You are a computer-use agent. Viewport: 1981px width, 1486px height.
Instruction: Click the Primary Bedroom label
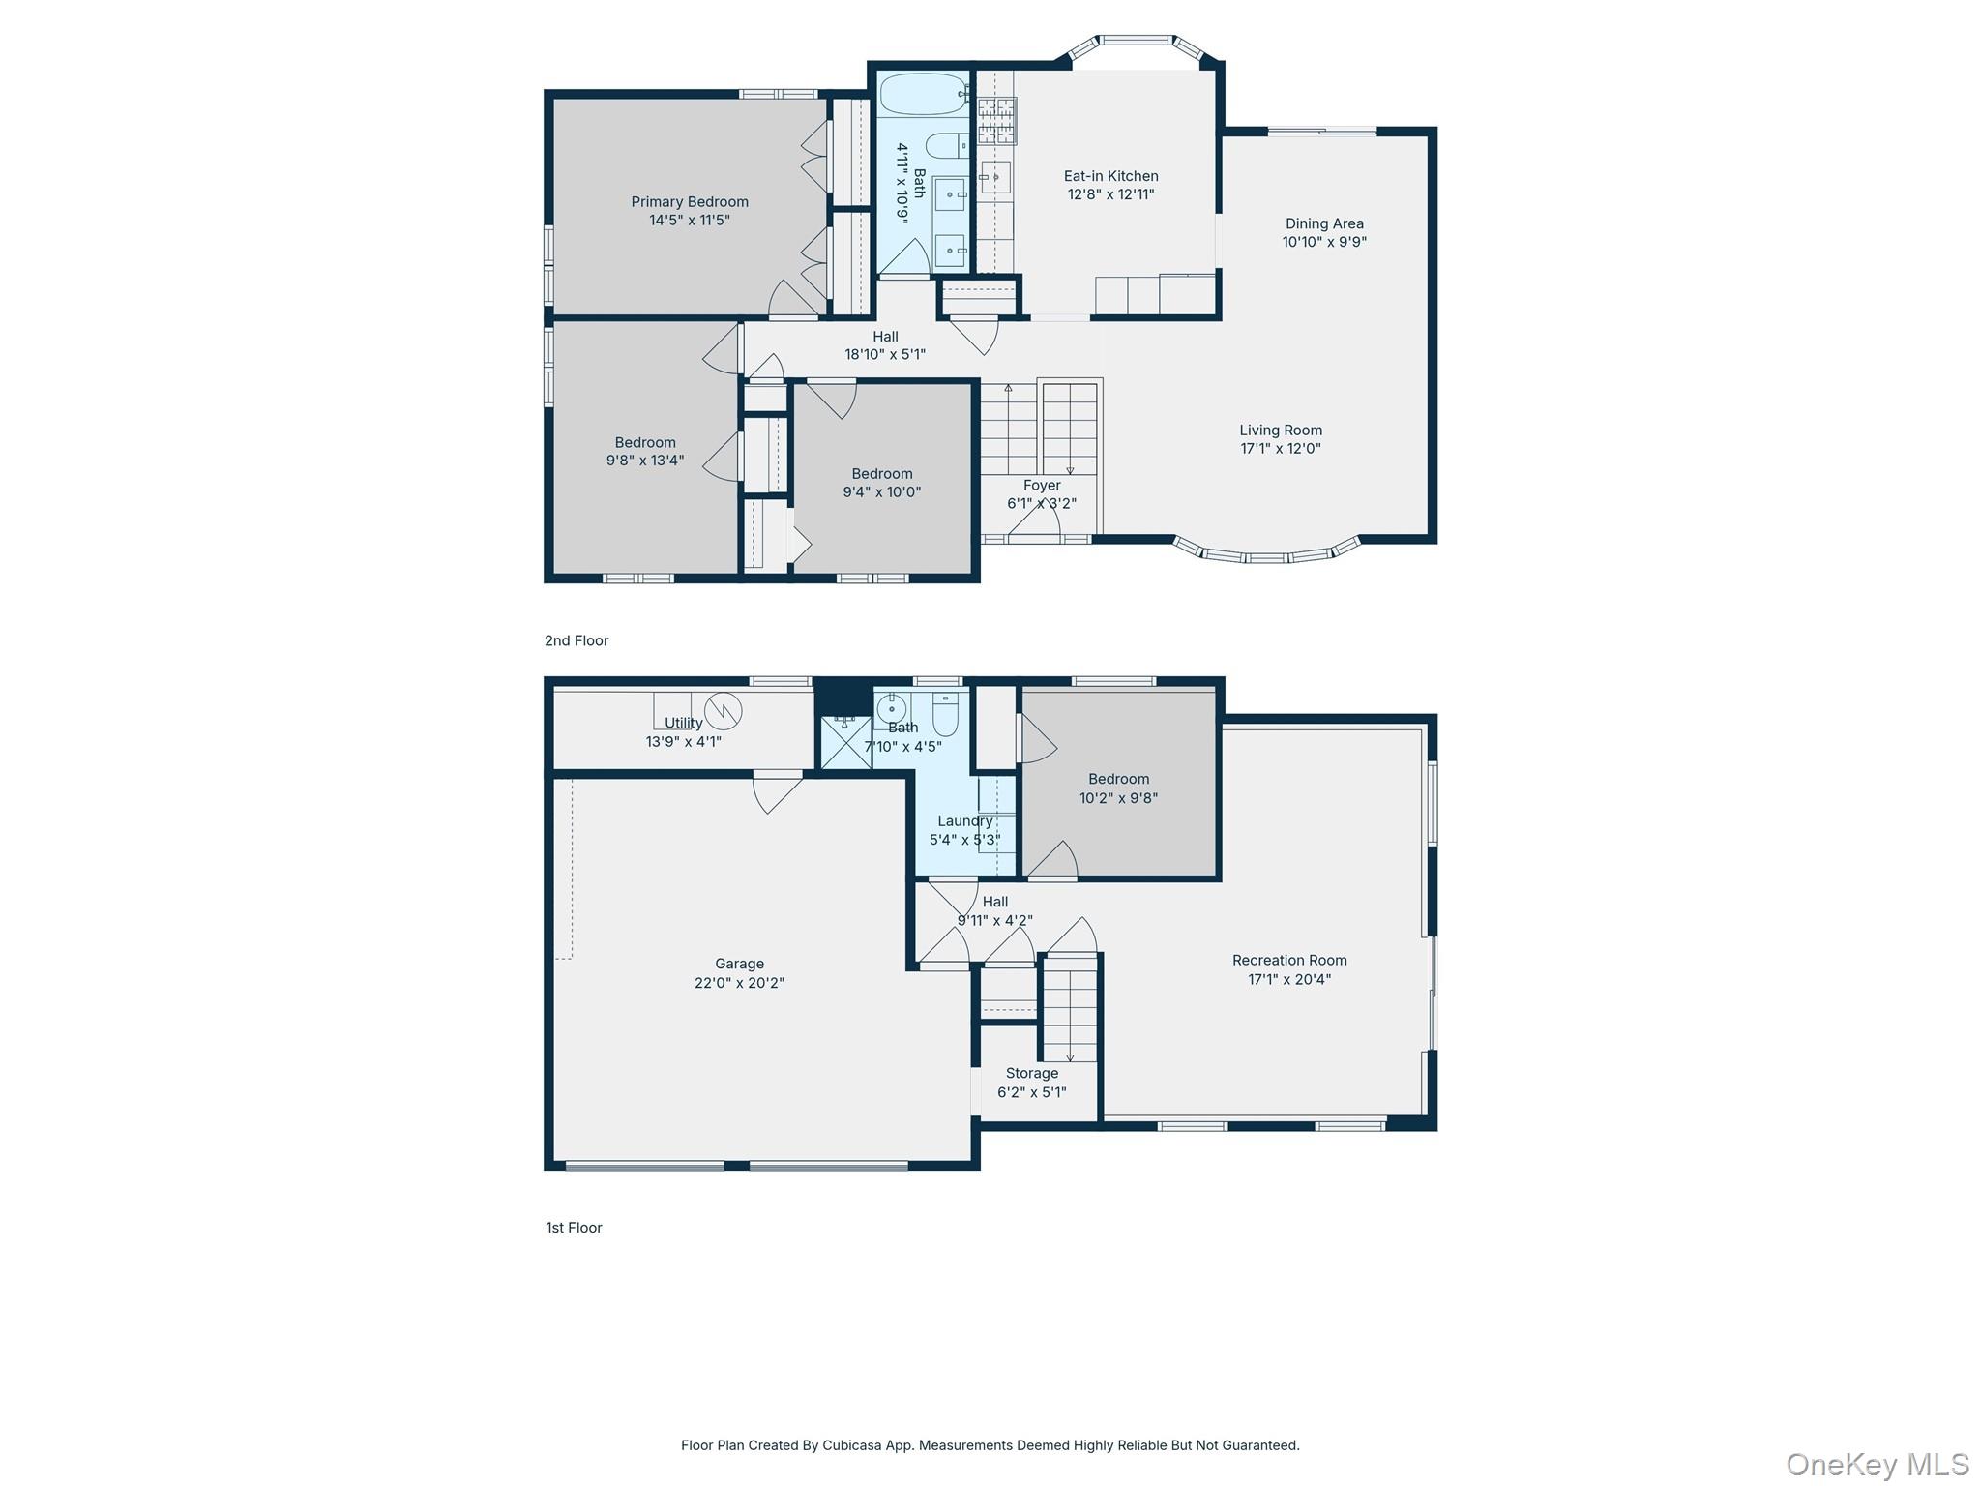pyautogui.click(x=690, y=202)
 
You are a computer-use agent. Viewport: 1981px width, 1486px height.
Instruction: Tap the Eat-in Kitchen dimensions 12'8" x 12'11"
pyautogui.click(x=1110, y=194)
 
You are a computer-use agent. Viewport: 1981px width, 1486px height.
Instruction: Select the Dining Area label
pyautogui.click(x=1324, y=223)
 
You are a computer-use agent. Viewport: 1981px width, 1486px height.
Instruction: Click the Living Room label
pyautogui.click(x=1281, y=431)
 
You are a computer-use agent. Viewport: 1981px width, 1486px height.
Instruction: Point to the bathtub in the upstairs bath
pyautogui.click(x=923, y=94)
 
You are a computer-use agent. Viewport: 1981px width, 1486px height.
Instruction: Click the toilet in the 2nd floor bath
pyautogui.click(x=947, y=146)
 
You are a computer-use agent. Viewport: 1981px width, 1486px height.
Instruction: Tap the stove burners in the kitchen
pyautogui.click(x=995, y=121)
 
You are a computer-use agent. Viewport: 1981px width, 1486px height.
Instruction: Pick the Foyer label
pyautogui.click(x=1042, y=486)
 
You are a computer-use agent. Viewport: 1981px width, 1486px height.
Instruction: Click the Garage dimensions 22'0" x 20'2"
pyautogui.click(x=739, y=983)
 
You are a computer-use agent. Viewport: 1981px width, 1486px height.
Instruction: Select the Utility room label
pyautogui.click(x=684, y=723)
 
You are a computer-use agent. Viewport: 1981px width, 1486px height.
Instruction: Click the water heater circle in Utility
pyautogui.click(x=723, y=711)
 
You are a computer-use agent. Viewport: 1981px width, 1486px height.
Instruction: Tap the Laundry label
pyautogui.click(x=964, y=821)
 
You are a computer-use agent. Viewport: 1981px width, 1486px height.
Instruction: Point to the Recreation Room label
pyautogui.click(x=1289, y=960)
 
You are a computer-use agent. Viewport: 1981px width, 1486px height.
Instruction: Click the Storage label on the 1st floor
pyautogui.click(x=1032, y=1073)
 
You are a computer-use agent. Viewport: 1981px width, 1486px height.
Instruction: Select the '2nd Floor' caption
pyautogui.click(x=577, y=640)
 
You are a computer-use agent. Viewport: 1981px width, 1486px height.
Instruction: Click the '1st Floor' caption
pyautogui.click(x=574, y=1228)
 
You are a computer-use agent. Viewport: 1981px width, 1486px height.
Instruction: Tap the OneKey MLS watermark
pyautogui.click(x=1878, y=1465)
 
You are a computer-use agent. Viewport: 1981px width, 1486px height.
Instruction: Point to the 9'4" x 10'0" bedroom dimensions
pyautogui.click(x=881, y=492)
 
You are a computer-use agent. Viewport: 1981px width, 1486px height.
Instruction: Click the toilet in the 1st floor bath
pyautogui.click(x=945, y=714)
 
